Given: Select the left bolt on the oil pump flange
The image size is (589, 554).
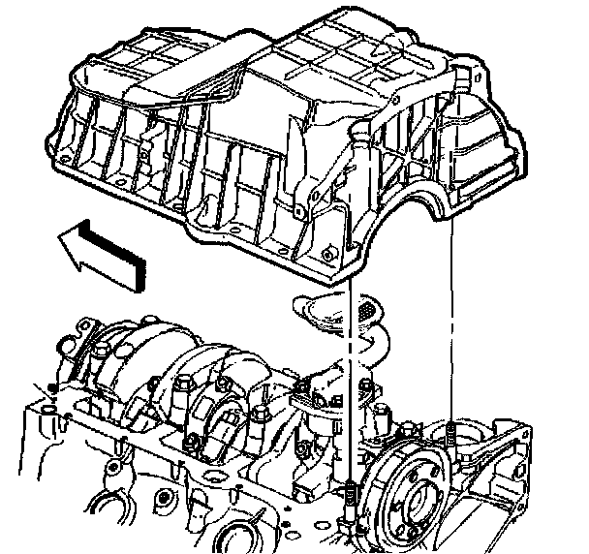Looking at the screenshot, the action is tap(302, 390).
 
